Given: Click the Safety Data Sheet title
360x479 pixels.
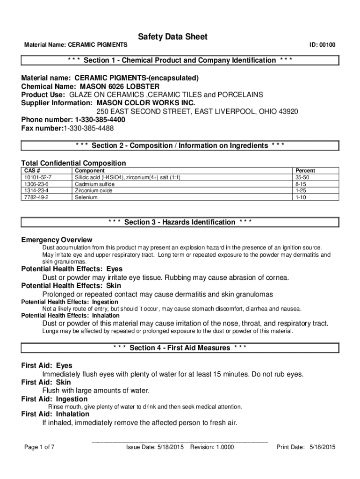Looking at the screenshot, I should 173,37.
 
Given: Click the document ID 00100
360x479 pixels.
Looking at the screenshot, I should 322,45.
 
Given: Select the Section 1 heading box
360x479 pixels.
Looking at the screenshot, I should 180,60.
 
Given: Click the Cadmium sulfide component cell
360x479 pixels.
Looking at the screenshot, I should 94,184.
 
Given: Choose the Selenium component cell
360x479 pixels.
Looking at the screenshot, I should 86,197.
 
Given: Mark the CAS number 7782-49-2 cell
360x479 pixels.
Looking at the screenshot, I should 36,197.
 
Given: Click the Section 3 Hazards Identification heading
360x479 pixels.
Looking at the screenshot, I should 180,222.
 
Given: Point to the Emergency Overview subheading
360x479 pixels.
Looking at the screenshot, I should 57,239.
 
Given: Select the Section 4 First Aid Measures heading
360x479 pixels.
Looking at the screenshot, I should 180,348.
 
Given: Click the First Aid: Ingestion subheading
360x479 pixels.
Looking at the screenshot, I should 54,399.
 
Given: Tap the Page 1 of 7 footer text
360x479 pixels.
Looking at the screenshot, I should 40,447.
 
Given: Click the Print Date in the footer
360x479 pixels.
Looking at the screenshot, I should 306,447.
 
